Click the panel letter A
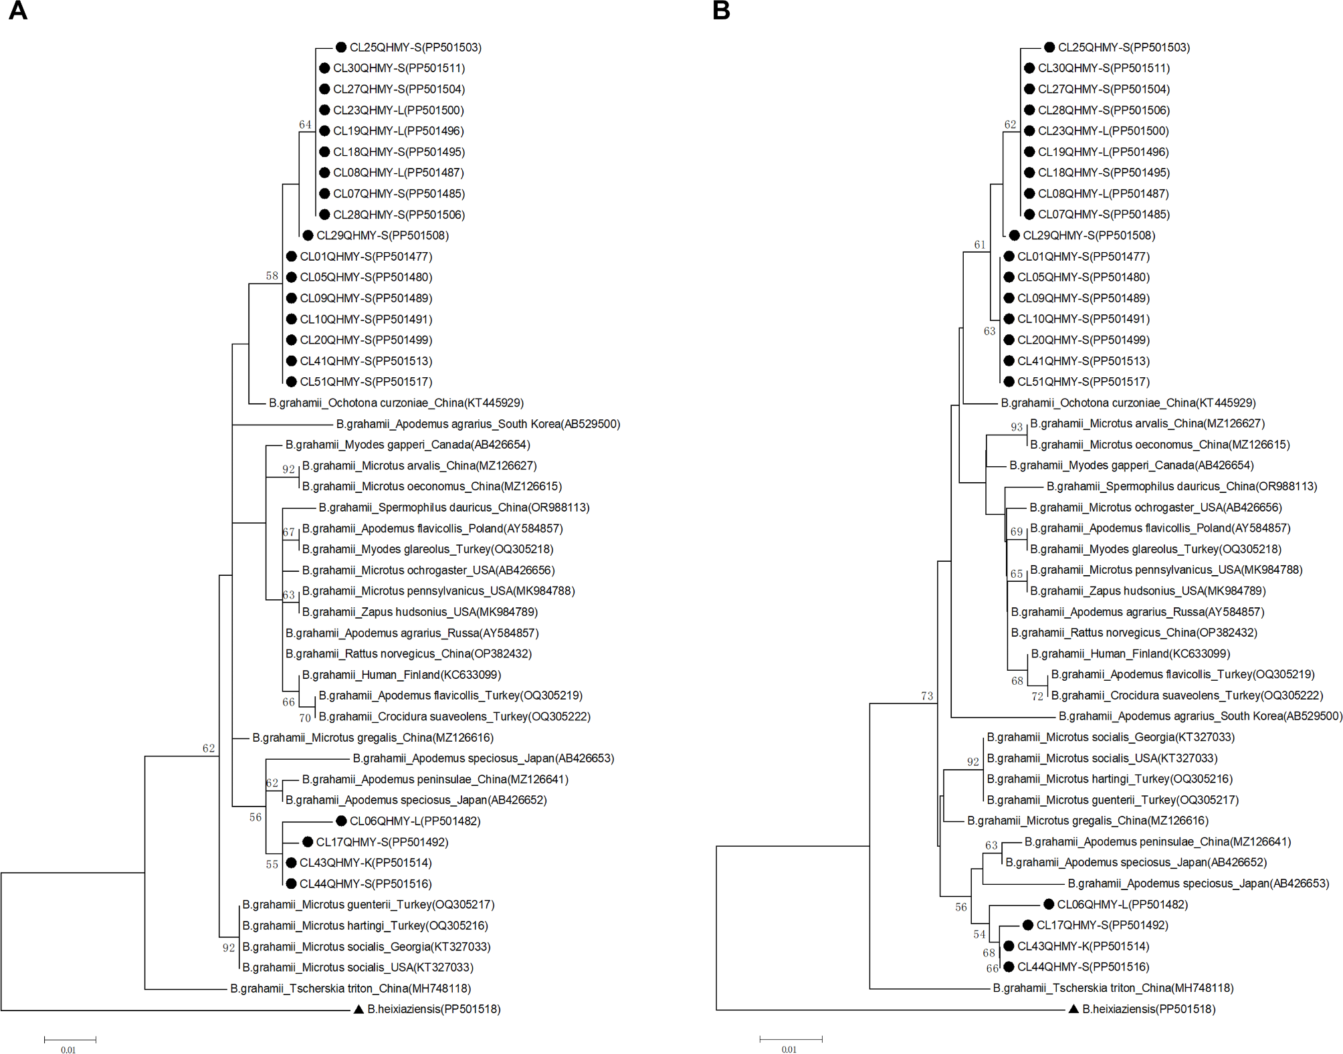point(18,11)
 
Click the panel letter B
point(721,11)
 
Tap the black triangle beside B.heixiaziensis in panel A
point(358,1009)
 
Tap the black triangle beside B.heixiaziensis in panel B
point(1073,1009)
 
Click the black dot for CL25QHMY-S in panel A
point(341,47)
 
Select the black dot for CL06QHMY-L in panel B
point(1049,904)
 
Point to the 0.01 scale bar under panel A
point(70,1039)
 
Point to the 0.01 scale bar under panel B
point(791,1039)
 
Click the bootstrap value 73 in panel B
point(926,696)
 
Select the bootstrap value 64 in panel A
point(305,124)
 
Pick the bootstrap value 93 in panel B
point(1017,427)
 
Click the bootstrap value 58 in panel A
point(272,276)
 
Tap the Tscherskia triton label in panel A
point(350,988)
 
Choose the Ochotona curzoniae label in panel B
point(1128,403)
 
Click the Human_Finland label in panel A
point(401,675)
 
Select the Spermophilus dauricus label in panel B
point(1181,486)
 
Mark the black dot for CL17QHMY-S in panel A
point(308,841)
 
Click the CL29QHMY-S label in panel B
point(1089,235)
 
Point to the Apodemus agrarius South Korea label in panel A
point(478,423)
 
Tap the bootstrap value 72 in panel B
point(1037,696)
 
